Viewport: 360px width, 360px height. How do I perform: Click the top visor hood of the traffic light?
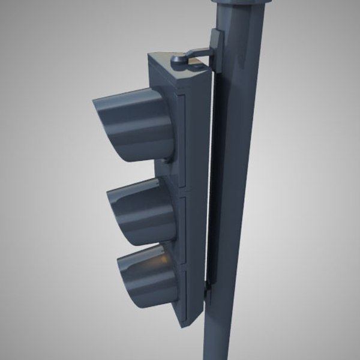pos(135,123)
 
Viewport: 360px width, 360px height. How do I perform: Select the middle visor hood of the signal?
pos(144,210)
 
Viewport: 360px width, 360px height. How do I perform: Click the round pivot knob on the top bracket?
pos(177,60)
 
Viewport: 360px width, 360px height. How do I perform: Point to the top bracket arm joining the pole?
pos(198,53)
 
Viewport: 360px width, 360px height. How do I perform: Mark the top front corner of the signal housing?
pos(150,57)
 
